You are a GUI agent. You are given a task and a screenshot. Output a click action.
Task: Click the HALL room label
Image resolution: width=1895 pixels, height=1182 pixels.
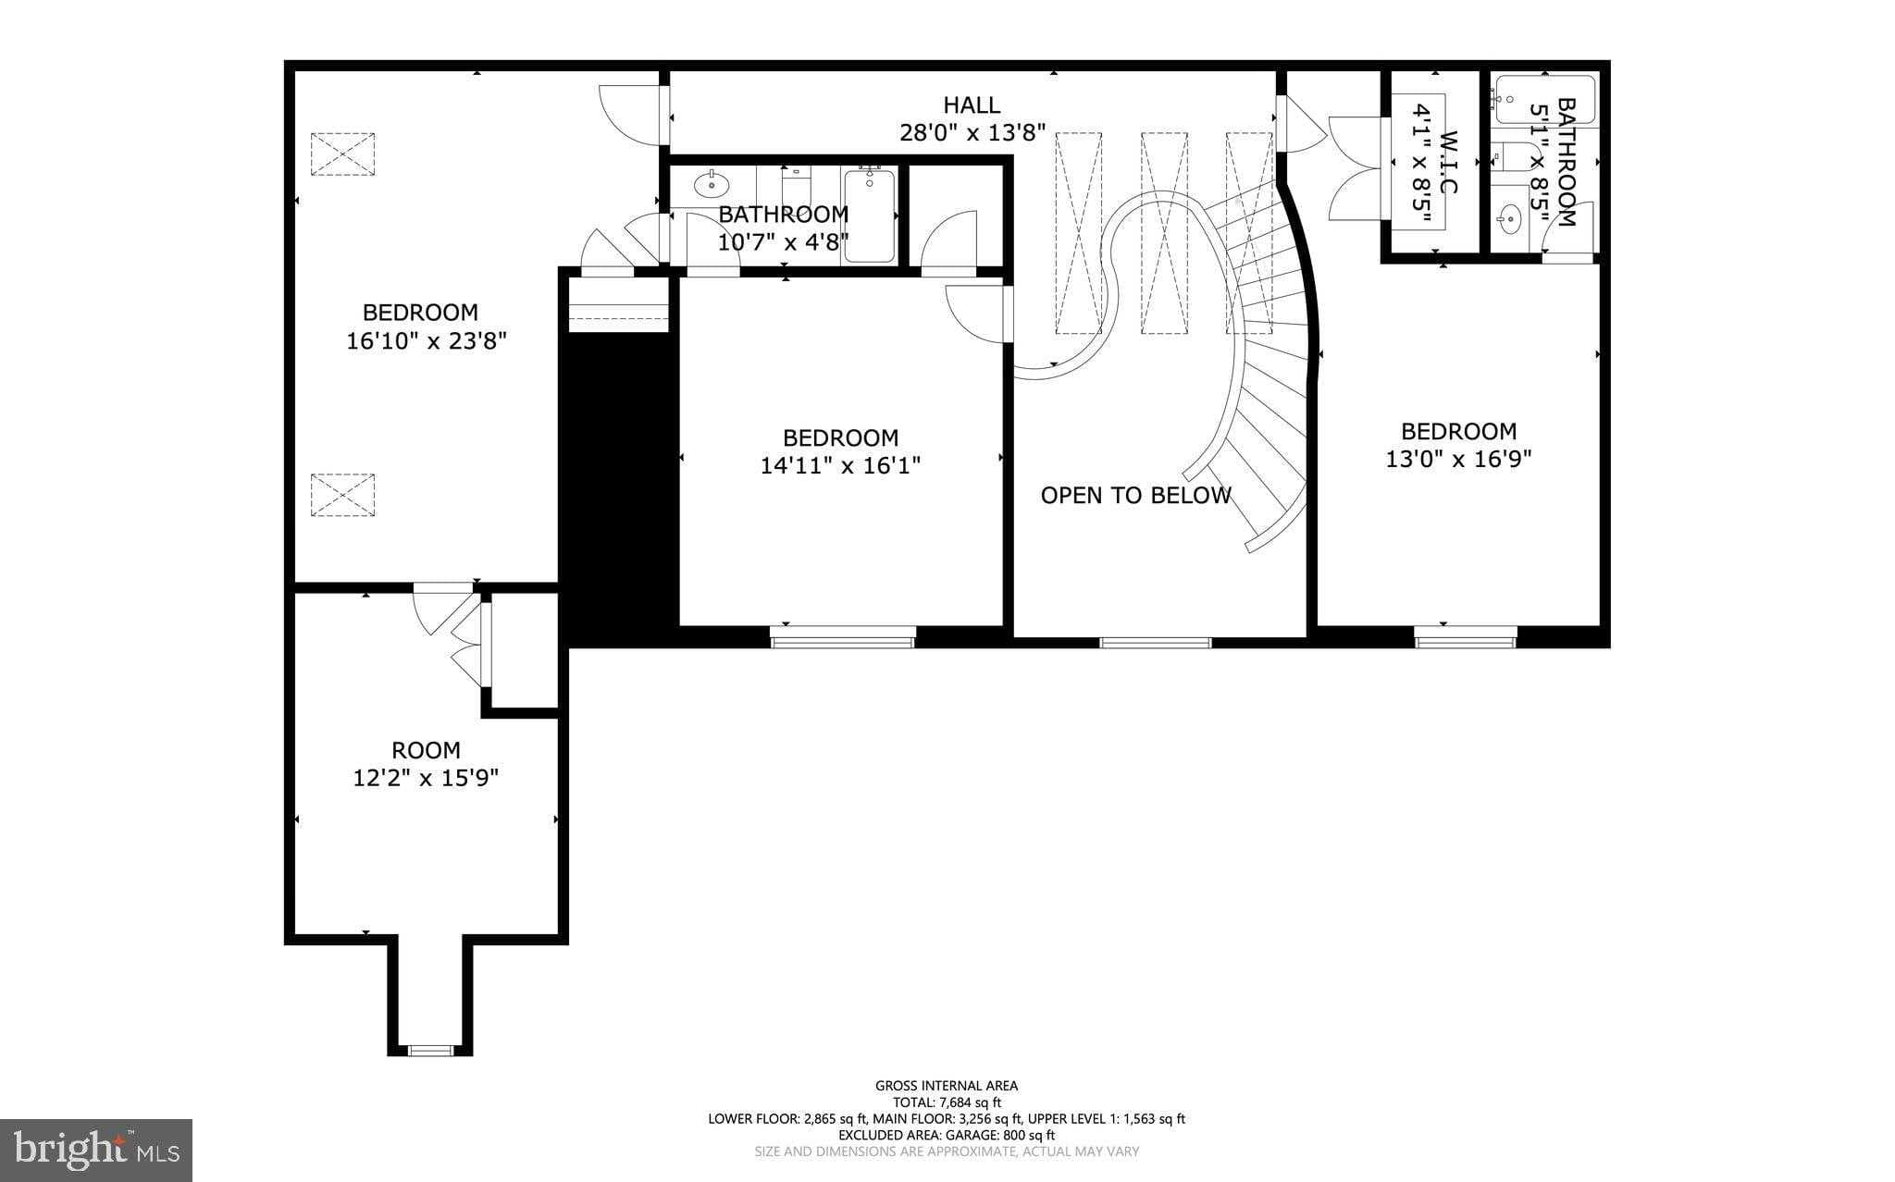972,105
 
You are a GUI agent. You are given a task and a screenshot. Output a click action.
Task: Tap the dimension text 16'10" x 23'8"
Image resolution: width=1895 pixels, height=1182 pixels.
427,341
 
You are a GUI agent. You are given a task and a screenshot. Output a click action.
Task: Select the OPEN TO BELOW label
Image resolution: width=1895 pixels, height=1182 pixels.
1135,496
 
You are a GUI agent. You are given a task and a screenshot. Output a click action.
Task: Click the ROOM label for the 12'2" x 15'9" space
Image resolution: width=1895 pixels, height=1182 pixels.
426,750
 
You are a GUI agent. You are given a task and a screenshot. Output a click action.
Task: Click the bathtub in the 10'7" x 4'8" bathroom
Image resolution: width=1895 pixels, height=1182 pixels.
869,215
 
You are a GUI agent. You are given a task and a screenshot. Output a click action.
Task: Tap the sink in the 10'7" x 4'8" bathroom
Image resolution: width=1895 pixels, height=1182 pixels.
710,185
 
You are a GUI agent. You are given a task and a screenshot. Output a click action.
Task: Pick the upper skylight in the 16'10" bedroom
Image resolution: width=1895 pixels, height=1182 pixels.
343,154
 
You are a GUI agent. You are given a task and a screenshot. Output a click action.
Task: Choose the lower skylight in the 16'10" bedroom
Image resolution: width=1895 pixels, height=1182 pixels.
343,495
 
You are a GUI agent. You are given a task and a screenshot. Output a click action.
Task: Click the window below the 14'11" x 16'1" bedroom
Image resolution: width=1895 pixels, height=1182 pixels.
842,635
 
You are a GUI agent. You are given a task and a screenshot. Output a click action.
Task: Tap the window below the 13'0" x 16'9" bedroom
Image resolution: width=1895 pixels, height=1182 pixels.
1465,635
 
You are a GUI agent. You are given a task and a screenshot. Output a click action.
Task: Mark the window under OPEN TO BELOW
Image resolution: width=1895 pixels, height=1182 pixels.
1155,641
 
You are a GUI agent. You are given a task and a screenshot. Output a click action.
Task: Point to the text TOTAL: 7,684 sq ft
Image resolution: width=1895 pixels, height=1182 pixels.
947,1102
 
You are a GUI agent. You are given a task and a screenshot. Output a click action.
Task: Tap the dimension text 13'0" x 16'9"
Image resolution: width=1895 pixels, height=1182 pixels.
1458,459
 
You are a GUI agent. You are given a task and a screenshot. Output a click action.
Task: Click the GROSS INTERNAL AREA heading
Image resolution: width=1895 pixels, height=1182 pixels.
947,1086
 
